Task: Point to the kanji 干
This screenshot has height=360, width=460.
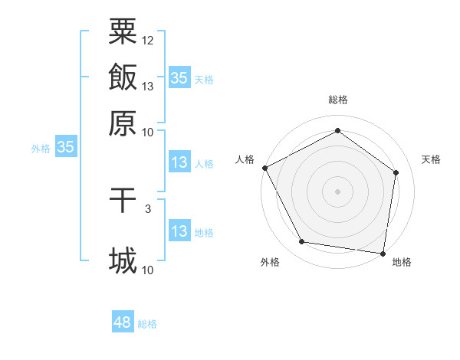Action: click(x=123, y=201)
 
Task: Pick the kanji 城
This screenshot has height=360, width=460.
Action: click(x=123, y=260)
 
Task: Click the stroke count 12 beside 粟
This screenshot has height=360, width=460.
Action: click(x=148, y=40)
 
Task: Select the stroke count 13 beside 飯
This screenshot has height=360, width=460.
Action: click(x=148, y=87)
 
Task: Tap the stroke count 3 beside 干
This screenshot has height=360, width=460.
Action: click(x=148, y=208)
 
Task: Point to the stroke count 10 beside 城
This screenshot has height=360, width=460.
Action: click(x=148, y=269)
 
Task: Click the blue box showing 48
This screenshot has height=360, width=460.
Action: click(x=122, y=323)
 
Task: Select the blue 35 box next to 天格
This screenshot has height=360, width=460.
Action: click(x=179, y=78)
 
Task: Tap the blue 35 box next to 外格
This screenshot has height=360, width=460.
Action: click(x=65, y=148)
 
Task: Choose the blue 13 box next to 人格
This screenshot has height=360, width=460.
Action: click(x=179, y=162)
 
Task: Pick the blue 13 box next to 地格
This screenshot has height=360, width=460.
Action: click(x=179, y=231)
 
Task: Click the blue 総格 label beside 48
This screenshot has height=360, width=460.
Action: click(x=147, y=324)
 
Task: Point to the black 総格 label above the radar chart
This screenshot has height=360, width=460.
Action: click(x=337, y=100)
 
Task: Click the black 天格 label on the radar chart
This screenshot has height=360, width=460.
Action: click(x=431, y=159)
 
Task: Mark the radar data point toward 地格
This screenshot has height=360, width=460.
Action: click(x=383, y=253)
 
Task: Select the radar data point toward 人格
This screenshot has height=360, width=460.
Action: click(x=264, y=168)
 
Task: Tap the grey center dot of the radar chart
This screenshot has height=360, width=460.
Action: click(x=337, y=191)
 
